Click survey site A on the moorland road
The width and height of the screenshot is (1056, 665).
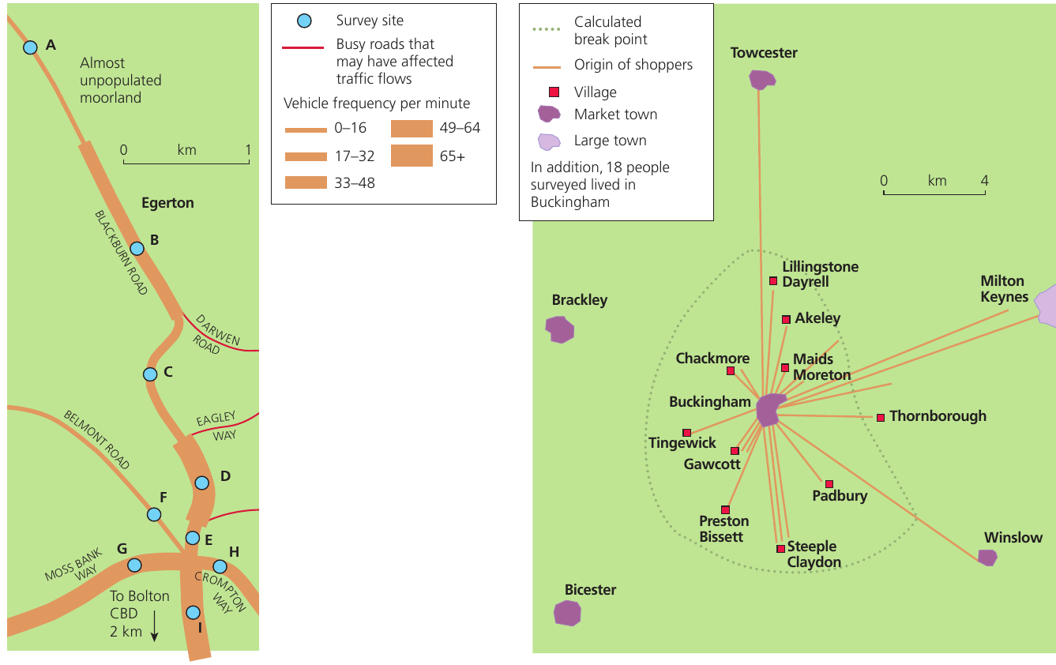click(30, 47)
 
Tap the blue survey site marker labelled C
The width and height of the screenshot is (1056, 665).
click(150, 374)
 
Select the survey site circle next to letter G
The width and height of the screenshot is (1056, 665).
click(134, 565)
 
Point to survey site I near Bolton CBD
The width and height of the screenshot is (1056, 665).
click(193, 612)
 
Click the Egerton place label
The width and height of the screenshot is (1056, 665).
click(167, 203)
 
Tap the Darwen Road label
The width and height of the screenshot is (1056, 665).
click(216, 334)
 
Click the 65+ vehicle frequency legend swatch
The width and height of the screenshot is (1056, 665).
click(412, 156)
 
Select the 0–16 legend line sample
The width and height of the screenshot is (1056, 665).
click(306, 130)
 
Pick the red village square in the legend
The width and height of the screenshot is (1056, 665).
click(554, 92)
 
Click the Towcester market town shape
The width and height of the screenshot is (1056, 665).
click(761, 80)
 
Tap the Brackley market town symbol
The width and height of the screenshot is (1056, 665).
click(559, 329)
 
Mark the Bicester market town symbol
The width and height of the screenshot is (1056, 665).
click(567, 613)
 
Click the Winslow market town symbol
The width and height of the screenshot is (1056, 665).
click(987, 558)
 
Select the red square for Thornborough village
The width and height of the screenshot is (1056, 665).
click(880, 418)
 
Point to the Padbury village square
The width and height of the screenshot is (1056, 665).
click(829, 484)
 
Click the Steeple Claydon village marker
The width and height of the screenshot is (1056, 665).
click(780, 549)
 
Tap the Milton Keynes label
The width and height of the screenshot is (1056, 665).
click(1004, 288)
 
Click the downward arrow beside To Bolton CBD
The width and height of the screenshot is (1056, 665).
click(154, 626)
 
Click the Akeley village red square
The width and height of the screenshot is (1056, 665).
click(786, 320)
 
